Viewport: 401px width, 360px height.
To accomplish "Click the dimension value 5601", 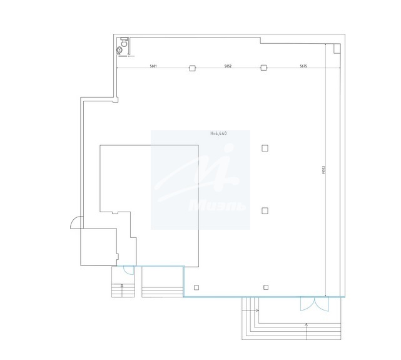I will (x=153, y=66).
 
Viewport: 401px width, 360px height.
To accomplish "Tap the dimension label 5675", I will (x=303, y=66).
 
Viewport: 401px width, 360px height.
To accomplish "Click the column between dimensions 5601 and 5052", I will (x=192, y=68).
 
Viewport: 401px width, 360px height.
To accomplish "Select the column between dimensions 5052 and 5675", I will (x=264, y=68).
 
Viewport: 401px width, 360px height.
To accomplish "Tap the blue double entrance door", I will (x=312, y=304).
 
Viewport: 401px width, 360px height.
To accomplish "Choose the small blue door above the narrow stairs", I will (x=128, y=270).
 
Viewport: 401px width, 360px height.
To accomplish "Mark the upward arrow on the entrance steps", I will (x=306, y=326).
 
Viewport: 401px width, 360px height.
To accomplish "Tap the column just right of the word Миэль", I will (x=265, y=210).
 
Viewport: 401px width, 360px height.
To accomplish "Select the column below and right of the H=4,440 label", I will (x=265, y=148).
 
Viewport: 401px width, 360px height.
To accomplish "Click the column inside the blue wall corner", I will (x=196, y=287).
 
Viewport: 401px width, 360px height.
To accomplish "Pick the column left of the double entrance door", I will (x=266, y=287).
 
